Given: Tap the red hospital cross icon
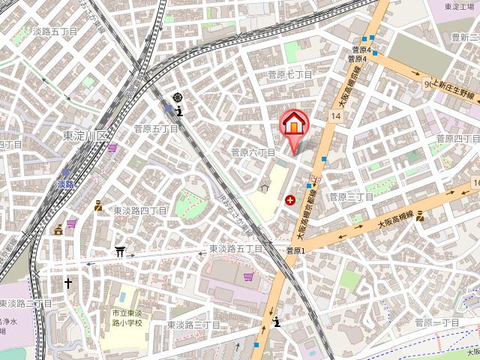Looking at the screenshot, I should click(290, 199).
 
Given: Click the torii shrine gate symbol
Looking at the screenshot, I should click(119, 252).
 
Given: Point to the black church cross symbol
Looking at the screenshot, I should click(67, 283).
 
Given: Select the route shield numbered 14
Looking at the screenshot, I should click(334, 115).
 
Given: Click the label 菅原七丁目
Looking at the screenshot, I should click(290, 75).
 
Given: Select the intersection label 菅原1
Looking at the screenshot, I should click(296, 250).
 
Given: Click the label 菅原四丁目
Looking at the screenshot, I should click(457, 139).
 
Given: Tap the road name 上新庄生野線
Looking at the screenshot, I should click(451, 88).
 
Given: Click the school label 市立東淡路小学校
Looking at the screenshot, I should click(127, 316).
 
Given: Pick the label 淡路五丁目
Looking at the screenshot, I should click(55, 32).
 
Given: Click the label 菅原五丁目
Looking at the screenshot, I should click(156, 129).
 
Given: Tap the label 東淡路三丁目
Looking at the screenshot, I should click(193, 325).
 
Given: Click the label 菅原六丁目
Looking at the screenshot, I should click(253, 151).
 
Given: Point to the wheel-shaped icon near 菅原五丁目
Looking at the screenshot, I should click(178, 97).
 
